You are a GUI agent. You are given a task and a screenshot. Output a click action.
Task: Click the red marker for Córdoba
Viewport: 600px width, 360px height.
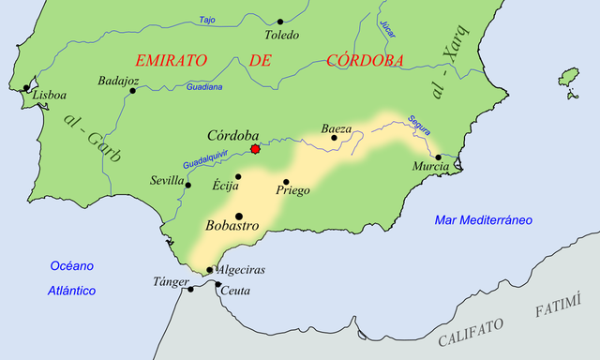point(255,148)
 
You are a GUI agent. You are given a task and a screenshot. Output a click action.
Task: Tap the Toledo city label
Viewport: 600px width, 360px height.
point(281,36)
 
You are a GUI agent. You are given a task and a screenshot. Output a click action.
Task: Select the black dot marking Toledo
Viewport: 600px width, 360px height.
point(280,21)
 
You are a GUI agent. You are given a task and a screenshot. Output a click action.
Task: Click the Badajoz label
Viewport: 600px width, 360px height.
point(119,81)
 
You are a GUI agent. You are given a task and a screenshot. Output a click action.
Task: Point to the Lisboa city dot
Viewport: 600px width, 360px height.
point(25,88)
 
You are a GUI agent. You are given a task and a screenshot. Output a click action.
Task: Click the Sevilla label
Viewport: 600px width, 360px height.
point(167,180)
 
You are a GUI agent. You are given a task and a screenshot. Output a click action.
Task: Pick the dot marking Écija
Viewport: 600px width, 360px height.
point(238,176)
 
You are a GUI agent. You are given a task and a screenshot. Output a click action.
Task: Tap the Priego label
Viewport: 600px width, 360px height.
point(292,190)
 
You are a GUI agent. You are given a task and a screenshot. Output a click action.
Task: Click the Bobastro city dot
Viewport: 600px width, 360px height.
point(238,216)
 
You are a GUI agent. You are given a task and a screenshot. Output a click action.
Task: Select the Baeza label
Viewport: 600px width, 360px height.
point(337,127)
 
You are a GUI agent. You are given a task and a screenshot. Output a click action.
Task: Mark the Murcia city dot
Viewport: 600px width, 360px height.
point(438,157)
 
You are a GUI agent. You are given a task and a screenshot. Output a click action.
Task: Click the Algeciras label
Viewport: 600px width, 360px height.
point(242,270)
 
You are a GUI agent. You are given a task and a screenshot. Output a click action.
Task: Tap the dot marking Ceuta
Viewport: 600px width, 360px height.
point(218,284)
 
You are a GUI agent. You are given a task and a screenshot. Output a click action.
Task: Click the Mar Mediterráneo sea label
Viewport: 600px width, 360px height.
point(483,220)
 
